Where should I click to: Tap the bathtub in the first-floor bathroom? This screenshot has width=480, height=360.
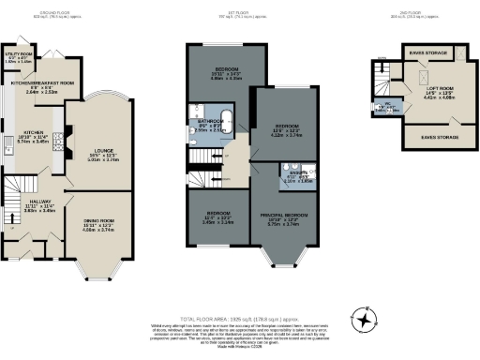tap(223, 120)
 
